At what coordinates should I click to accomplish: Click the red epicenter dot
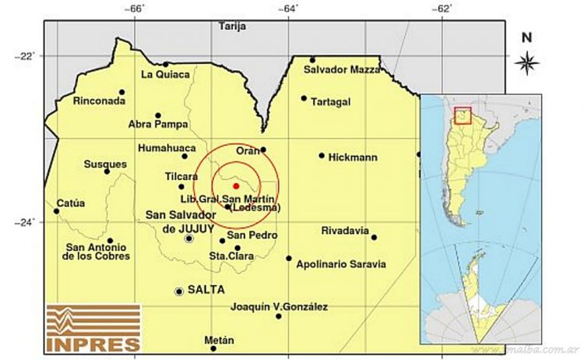[235, 186]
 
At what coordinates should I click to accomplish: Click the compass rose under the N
[527, 61]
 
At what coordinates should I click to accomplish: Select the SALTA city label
[206, 290]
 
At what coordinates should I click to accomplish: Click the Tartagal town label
[331, 102]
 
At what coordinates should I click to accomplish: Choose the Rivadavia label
[345, 231]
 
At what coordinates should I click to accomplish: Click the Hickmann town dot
[322, 155]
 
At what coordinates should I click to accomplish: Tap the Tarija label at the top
[232, 26]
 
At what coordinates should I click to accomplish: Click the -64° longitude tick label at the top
[288, 8]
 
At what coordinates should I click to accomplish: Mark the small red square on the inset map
[463, 115]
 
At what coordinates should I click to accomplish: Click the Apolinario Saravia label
[341, 264]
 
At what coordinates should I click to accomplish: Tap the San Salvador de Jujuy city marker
[188, 239]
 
